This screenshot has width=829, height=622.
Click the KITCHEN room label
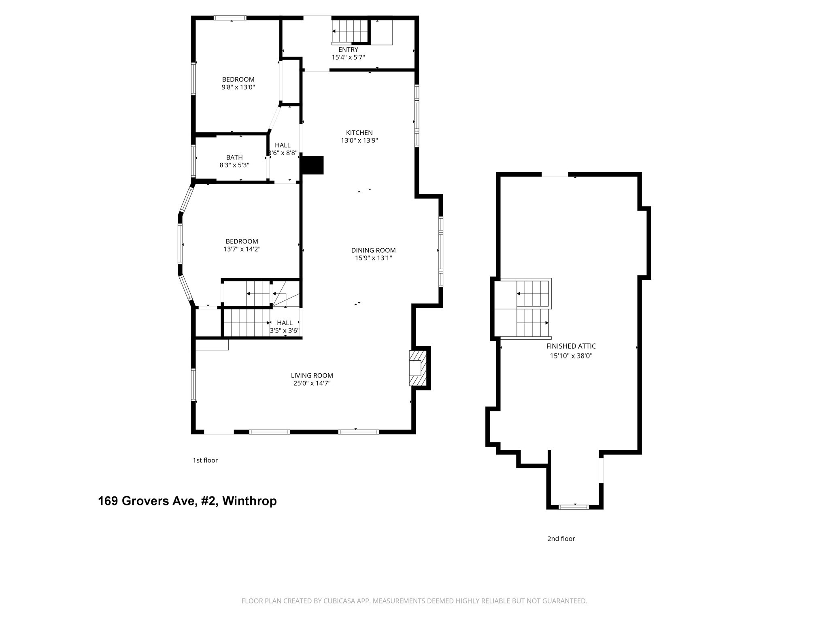(x=359, y=133)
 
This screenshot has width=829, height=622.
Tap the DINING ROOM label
(x=373, y=250)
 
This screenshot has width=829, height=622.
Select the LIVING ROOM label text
(x=312, y=375)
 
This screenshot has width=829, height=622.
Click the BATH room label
(x=234, y=158)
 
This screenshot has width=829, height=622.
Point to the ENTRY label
(x=348, y=50)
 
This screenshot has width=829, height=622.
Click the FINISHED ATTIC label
(x=571, y=346)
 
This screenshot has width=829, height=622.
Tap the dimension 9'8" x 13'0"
(x=238, y=87)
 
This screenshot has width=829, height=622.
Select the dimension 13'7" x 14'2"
(x=242, y=249)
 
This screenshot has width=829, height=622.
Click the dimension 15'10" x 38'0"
(x=571, y=356)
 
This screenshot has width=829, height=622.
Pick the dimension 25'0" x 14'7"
(x=312, y=383)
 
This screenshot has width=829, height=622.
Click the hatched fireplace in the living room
(x=418, y=368)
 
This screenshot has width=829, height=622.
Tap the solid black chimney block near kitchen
(x=312, y=165)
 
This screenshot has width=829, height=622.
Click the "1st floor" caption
(x=205, y=460)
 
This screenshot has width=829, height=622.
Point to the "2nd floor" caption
(x=561, y=539)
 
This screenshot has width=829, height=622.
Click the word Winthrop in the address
(x=249, y=501)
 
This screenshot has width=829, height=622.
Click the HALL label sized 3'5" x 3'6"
(x=285, y=323)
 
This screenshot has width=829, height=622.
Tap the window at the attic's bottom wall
(x=574, y=507)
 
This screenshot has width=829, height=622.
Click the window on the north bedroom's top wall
(x=230, y=18)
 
